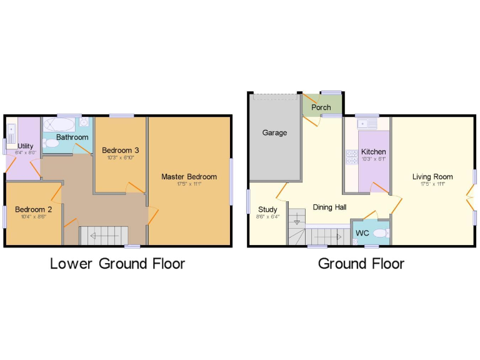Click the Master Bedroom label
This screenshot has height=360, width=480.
pos(189,177)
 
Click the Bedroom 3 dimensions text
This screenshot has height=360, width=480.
pos(120,157)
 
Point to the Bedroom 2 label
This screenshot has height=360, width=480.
pos(33,209)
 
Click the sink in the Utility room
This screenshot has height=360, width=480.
pos(11,131)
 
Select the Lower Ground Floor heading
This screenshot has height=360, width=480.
pos(117,263)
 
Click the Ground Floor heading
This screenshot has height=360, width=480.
pos(361,263)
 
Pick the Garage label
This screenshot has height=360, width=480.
pos(274,132)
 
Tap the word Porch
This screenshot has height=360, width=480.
pos(321,107)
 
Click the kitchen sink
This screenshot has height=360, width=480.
pos(365,125)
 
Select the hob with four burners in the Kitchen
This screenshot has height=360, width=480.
pos(351,157)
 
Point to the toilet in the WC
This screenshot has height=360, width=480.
pos(382,233)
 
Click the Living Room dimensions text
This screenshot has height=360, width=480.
pos(432,184)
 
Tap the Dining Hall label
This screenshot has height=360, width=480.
pos(329,207)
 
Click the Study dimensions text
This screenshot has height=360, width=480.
pos(267,217)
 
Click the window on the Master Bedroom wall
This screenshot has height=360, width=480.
pos(231,181)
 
